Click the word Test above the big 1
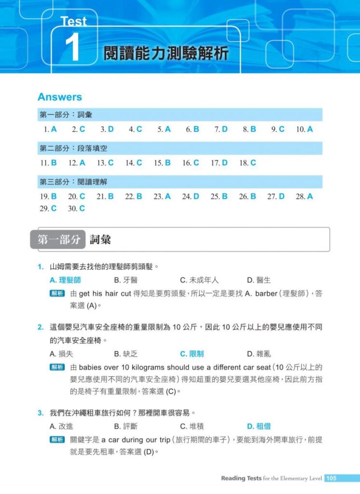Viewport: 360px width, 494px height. point(74,22)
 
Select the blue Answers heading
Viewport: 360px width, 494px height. point(60,97)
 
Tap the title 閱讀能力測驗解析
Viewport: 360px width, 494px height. point(166,54)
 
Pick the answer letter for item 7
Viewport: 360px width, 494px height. point(224,129)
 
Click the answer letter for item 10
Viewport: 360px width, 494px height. point(310,129)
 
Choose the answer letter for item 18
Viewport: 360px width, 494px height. point(253,163)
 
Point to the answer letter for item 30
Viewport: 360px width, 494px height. point(82,208)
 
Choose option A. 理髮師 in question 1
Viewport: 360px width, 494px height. point(65,280)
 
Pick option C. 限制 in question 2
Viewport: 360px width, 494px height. point(192,354)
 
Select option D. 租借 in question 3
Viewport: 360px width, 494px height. point(259,426)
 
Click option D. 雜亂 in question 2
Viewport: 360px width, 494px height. point(259,354)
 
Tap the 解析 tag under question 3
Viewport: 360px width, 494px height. point(57,440)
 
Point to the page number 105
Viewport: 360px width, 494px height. point(332,479)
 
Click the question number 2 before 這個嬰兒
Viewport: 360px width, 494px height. point(41,328)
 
